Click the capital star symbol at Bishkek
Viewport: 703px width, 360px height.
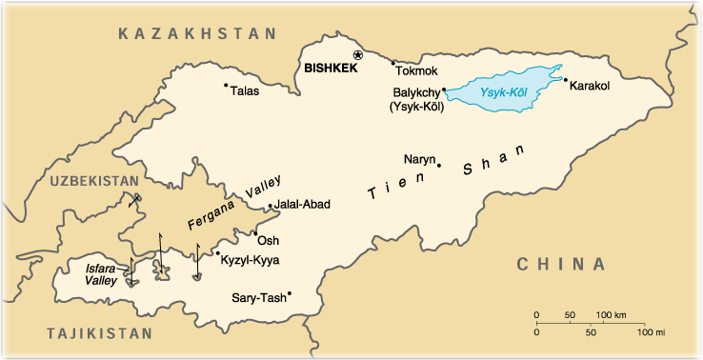tap(358, 55)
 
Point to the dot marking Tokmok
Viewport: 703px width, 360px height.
tap(393, 63)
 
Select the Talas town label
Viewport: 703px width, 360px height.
tap(244, 91)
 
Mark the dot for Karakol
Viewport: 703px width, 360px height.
tap(565, 80)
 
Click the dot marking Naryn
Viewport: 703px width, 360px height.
tap(439, 166)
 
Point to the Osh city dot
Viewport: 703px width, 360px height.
tap(255, 231)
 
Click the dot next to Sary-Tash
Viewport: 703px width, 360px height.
tap(290, 293)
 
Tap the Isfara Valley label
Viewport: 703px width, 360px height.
tap(101, 274)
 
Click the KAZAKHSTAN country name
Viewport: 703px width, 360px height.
tap(197, 33)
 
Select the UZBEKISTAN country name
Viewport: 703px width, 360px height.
tap(92, 180)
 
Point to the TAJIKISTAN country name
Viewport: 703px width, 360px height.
tap(98, 333)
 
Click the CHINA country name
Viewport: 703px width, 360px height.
tap(561, 264)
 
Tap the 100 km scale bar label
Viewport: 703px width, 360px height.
tap(612, 314)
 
